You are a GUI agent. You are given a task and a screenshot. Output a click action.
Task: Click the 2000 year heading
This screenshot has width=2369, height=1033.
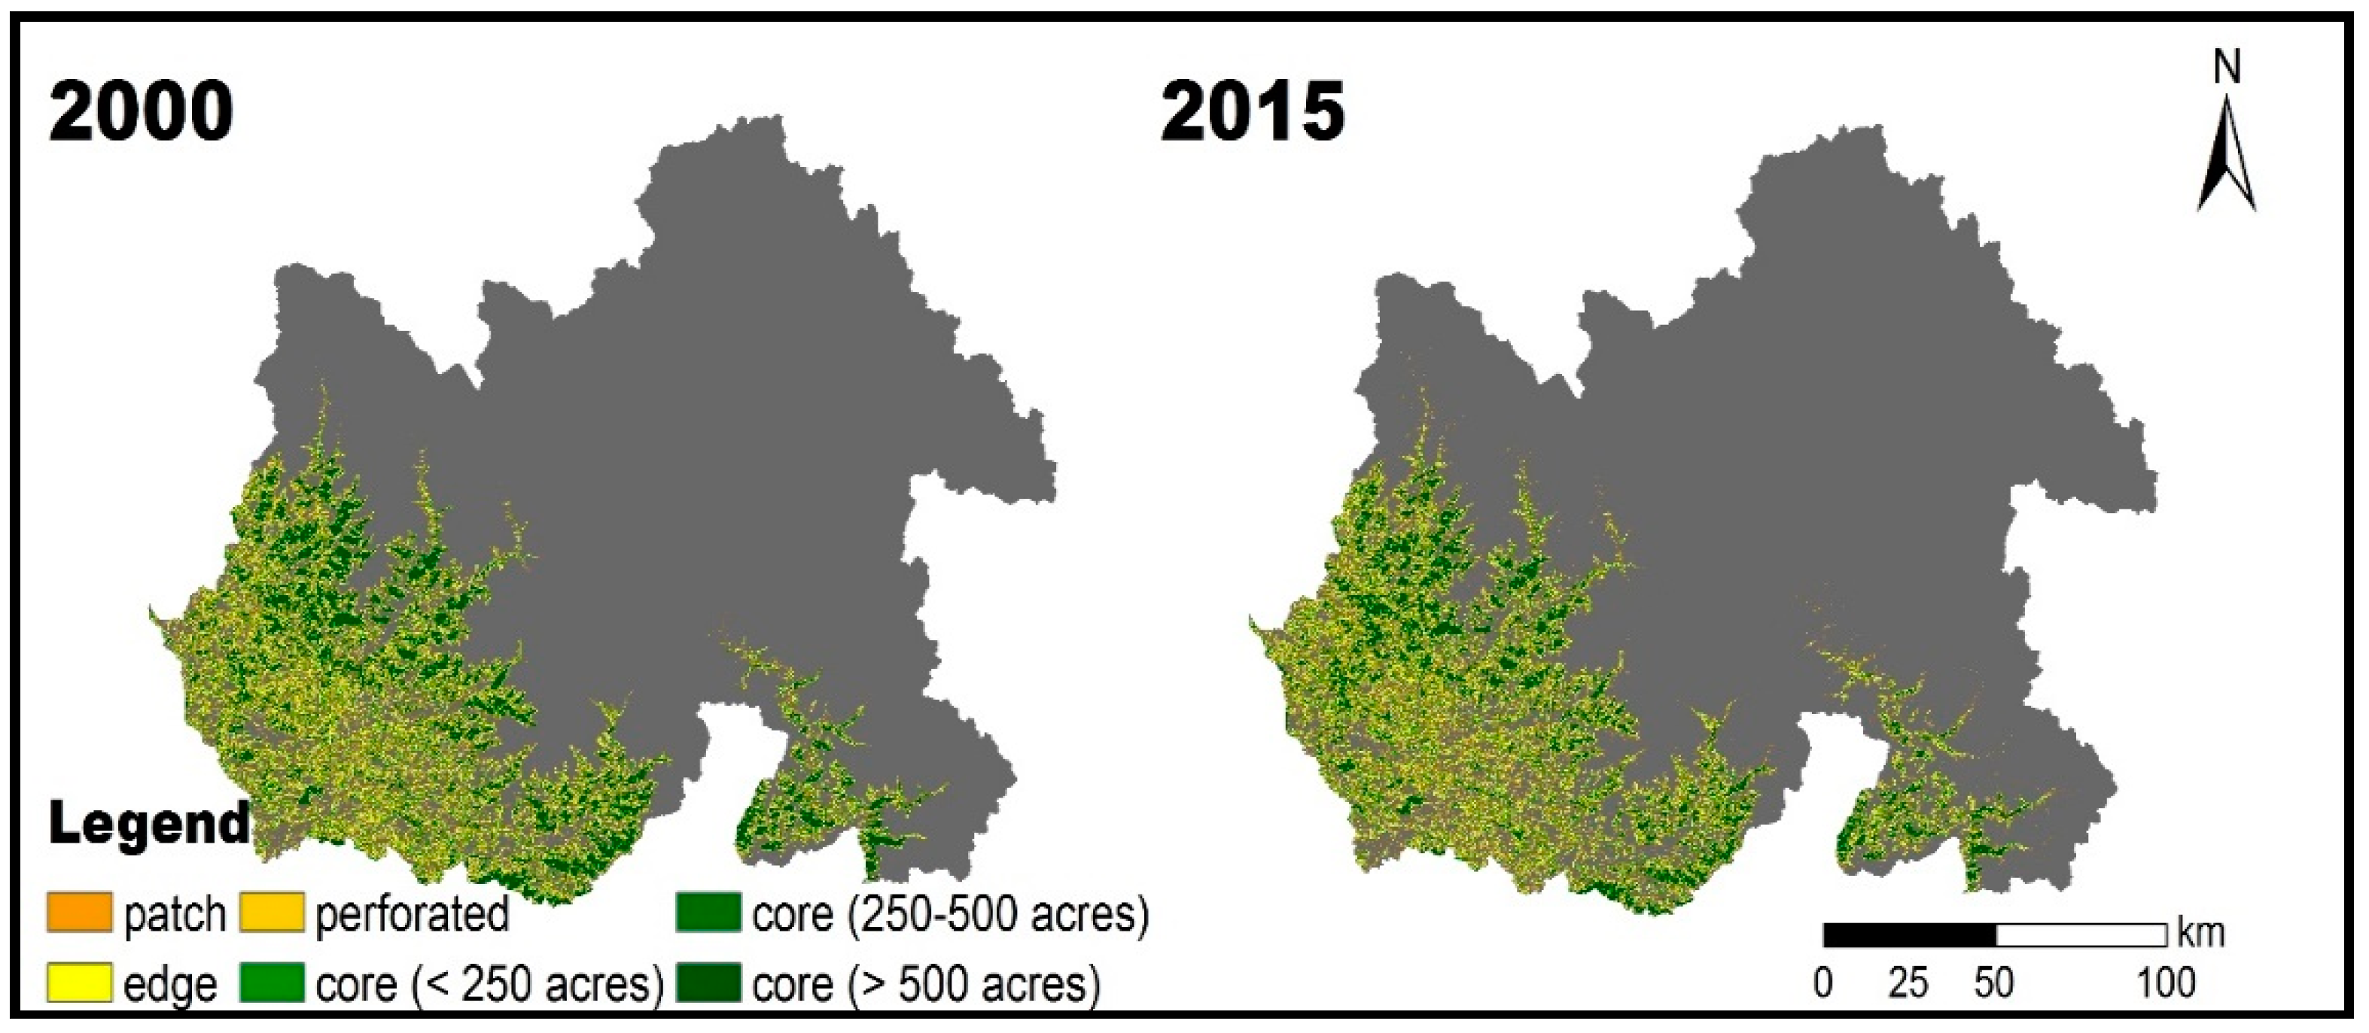point(141,111)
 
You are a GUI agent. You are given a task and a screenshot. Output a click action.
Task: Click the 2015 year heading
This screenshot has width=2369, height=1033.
point(1252,111)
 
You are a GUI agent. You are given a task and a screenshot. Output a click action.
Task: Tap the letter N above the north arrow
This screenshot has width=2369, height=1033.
point(2227,68)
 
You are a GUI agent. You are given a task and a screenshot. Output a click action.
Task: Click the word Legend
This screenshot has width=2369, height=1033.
point(149,823)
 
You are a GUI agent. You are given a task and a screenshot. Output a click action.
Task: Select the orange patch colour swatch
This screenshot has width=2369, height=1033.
point(80,913)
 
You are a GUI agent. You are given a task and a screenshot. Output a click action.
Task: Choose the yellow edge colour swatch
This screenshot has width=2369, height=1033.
point(80,983)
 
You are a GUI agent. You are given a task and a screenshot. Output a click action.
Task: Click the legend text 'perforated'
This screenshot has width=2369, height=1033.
point(412,914)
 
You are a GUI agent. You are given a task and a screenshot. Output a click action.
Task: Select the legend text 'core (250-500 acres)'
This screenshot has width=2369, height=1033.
point(951,914)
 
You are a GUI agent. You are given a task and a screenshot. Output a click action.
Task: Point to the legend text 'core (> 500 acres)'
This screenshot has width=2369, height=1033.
point(926,984)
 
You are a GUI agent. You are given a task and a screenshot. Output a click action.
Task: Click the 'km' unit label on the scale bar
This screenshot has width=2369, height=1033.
point(2200,933)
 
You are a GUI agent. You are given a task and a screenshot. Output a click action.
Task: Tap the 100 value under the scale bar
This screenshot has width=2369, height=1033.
point(2166,983)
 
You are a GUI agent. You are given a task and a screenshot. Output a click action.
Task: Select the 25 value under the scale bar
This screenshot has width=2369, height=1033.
point(1908,983)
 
